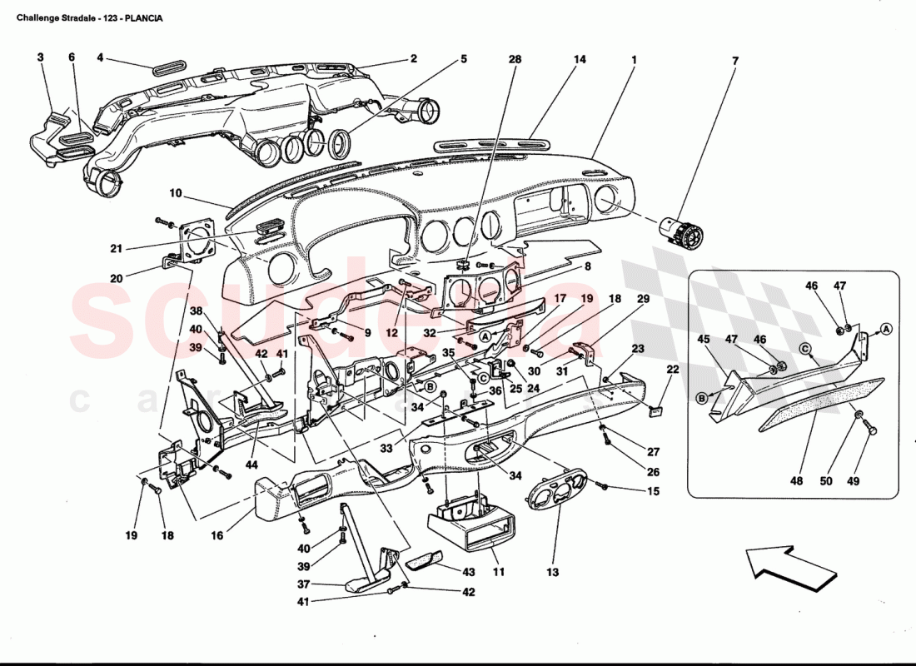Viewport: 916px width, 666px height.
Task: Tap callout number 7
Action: [735, 60]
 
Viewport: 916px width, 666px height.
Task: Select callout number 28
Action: [515, 60]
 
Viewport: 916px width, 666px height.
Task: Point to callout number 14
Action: [580, 60]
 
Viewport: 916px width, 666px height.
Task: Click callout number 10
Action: [175, 193]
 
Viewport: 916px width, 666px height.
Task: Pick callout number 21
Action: [116, 248]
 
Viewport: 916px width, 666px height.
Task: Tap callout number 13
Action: [553, 573]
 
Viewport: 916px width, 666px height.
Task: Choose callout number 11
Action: [498, 573]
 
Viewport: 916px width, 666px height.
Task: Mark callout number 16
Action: [217, 536]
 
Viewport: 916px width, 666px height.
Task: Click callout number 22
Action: [673, 370]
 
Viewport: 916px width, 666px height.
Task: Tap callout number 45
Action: [704, 339]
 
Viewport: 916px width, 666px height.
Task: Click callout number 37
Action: [305, 584]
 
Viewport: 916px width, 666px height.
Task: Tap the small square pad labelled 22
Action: [655, 409]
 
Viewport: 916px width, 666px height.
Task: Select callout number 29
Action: [643, 298]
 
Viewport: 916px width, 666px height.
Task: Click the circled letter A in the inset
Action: [886, 328]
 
